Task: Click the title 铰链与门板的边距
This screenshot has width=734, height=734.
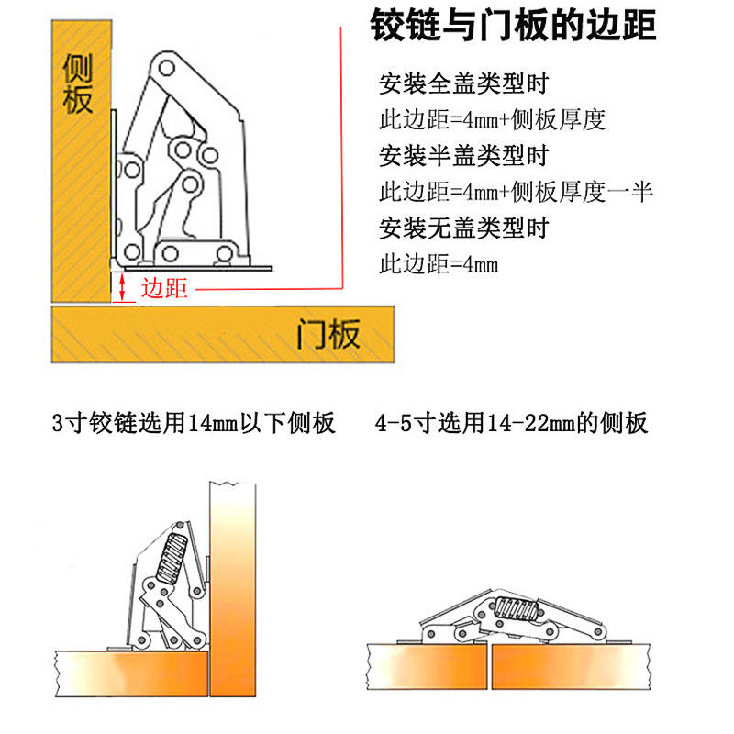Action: pos(513,26)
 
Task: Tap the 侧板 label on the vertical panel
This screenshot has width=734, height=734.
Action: pos(78,83)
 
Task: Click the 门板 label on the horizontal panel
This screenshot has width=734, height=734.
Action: pos(328,334)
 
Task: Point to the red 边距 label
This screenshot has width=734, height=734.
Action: pos(164,288)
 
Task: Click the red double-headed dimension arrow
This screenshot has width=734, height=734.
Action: pos(122,286)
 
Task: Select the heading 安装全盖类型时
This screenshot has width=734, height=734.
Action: pos(464,83)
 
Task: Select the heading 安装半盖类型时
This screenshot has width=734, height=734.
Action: pos(464,156)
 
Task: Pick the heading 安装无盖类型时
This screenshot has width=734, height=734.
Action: pos(464,228)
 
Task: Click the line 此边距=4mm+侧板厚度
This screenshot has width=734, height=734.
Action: pos(493,120)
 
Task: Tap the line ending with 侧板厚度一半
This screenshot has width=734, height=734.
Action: pos(517,192)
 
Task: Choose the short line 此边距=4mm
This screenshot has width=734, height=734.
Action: pos(439,264)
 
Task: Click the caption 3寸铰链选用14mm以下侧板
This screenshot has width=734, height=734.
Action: pos(194,423)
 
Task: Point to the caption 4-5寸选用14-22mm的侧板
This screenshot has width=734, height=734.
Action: pos(511,423)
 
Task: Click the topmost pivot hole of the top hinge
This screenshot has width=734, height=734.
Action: pos(166,68)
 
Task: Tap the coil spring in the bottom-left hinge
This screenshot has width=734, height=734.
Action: pos(172,559)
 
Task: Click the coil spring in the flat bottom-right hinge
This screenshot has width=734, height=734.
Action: pos(517,608)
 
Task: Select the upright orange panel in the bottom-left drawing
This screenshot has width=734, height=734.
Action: pos(233,589)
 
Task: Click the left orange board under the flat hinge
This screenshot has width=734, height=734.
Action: pos(427,667)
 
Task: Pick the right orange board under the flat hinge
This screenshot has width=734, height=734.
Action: pos(571,667)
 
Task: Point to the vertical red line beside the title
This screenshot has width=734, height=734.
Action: pos(341,157)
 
